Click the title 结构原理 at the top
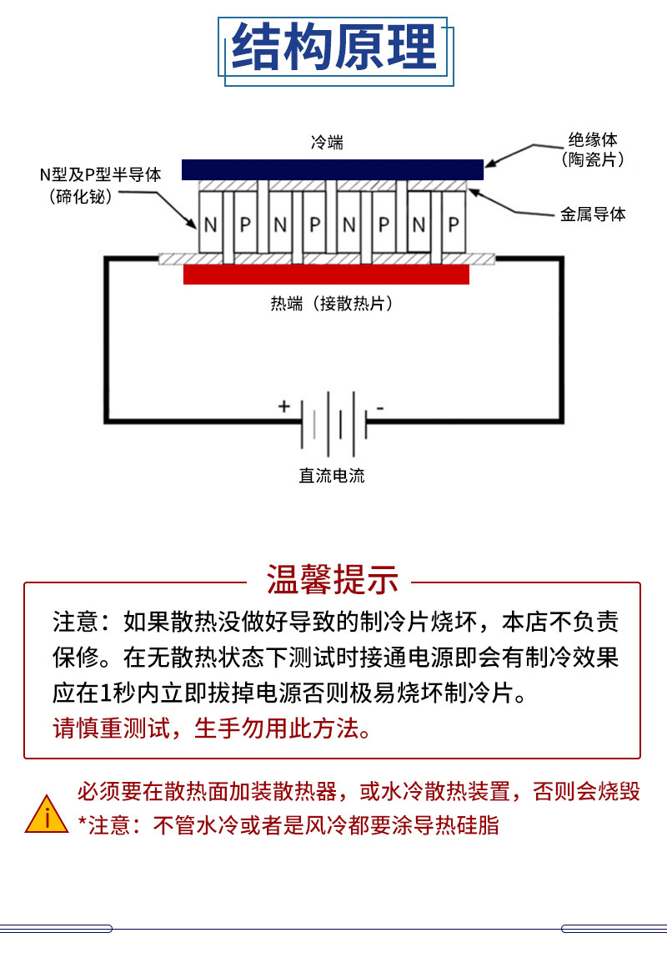[x=333, y=47]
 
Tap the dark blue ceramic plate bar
[x=333, y=169]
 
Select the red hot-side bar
[x=326, y=275]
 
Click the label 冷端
[x=327, y=143]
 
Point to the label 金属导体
[x=593, y=214]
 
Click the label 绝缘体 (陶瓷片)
[x=592, y=149]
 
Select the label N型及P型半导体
[x=100, y=174]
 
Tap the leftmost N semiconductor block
[x=210, y=223]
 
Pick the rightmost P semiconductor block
[x=454, y=223]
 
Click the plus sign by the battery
[x=283, y=406]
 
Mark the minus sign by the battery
[x=380, y=408]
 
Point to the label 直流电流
[x=332, y=476]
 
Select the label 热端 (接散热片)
[x=332, y=303]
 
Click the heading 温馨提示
[x=333, y=579]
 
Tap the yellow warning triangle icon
[x=47, y=814]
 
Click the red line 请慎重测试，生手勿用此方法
[x=213, y=729]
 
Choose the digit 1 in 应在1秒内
[x=106, y=693]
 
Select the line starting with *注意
[x=288, y=824]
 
